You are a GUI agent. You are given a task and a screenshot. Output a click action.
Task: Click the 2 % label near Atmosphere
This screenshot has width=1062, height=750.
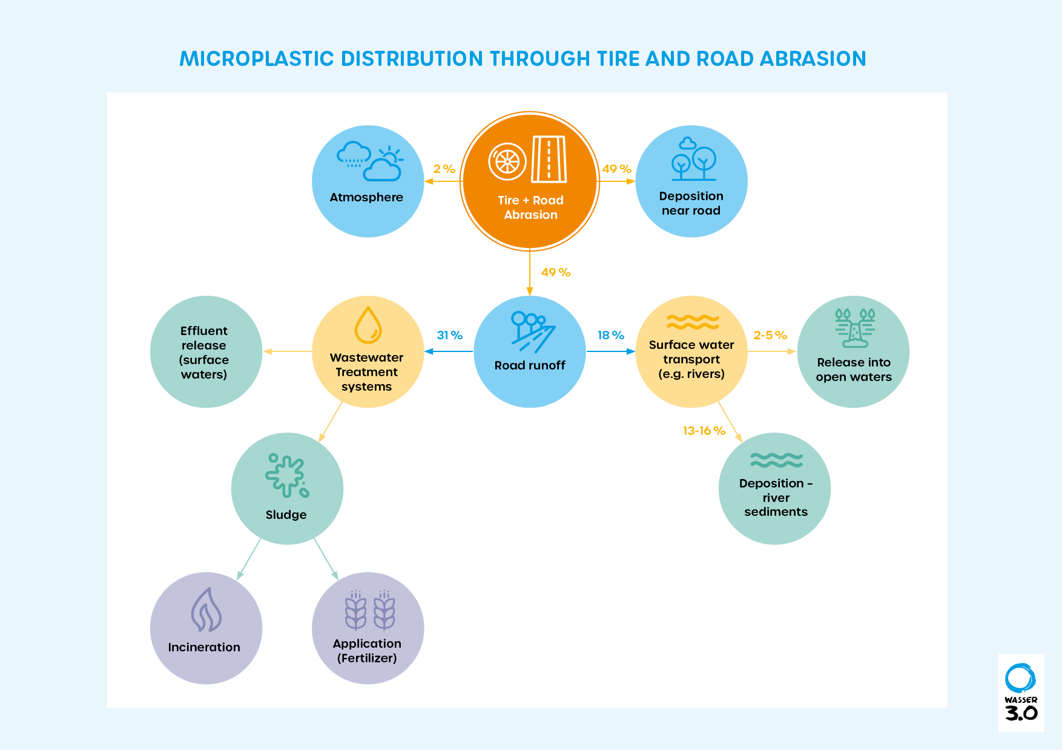[x=444, y=169]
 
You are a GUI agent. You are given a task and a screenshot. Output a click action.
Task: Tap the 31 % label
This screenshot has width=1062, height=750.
[x=449, y=335]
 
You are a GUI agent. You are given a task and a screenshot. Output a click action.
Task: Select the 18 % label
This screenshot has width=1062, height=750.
[x=610, y=335]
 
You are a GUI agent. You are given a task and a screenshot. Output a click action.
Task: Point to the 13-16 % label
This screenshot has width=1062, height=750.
[x=704, y=431]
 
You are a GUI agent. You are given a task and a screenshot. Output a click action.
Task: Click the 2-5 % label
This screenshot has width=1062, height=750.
[x=770, y=335]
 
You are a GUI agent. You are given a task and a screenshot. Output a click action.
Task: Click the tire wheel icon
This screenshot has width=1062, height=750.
[x=507, y=161]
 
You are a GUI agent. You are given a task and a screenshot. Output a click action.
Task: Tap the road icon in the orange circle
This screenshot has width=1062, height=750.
[x=549, y=159]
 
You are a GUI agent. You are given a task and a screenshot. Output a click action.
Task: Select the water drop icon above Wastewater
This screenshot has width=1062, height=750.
[x=368, y=325]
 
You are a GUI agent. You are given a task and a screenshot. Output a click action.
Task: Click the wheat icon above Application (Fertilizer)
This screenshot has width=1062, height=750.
[x=370, y=610]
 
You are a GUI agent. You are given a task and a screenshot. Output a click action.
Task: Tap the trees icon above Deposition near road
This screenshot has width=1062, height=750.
[x=693, y=160]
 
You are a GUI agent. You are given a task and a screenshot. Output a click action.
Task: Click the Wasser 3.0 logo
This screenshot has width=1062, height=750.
[x=1021, y=693]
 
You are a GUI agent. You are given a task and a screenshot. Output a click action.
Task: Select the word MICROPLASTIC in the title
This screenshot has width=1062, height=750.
[x=257, y=59]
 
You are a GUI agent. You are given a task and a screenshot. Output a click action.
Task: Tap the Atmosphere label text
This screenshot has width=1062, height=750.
[x=366, y=197]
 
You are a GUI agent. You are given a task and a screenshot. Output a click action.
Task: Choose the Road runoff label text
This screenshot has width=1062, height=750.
[x=530, y=365]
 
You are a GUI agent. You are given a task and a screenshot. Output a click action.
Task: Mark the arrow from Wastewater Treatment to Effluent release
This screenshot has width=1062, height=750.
[x=287, y=351]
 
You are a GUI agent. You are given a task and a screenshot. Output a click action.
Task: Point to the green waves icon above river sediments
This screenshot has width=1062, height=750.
[x=776, y=460]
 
